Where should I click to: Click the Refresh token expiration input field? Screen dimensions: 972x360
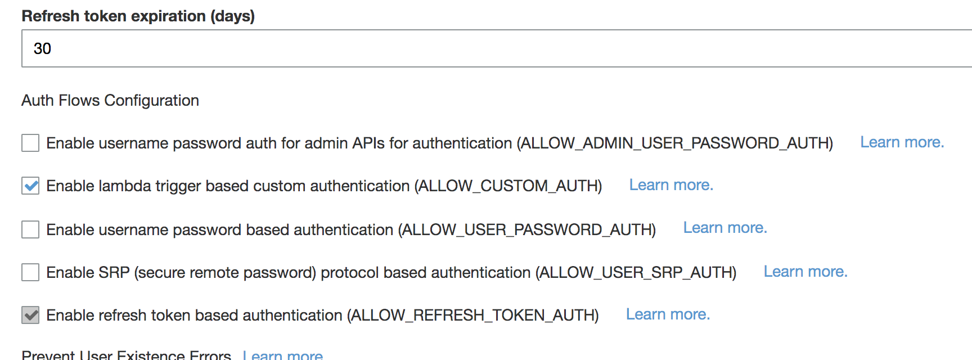tap(495, 48)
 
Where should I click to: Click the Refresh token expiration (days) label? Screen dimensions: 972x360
tap(138, 16)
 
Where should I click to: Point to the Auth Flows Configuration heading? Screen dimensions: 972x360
tap(110, 100)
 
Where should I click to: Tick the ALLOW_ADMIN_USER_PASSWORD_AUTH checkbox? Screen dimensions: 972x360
tap(30, 143)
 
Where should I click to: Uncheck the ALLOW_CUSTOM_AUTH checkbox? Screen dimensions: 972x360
tap(30, 186)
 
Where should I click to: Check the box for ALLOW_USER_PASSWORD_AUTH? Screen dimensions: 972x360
tap(30, 229)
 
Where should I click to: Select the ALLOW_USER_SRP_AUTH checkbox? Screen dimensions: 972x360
tap(30, 272)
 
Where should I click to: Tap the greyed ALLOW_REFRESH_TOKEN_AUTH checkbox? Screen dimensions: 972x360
tap(30, 315)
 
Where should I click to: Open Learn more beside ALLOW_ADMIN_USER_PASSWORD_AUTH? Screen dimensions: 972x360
tap(902, 142)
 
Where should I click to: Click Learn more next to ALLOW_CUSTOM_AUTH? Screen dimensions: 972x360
tap(670, 185)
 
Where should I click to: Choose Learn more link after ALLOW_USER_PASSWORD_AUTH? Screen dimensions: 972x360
tap(724, 228)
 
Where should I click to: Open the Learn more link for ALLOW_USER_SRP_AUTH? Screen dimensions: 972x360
tap(805, 272)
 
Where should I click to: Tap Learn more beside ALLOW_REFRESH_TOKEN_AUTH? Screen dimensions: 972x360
tap(668, 314)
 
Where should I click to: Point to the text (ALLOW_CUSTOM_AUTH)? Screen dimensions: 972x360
tap(508, 186)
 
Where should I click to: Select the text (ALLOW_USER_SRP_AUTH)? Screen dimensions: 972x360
tap(636, 272)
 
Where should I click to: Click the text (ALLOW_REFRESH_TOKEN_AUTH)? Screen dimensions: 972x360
tap(472, 315)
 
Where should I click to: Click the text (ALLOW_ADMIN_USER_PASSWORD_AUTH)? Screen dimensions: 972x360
tap(674, 143)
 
